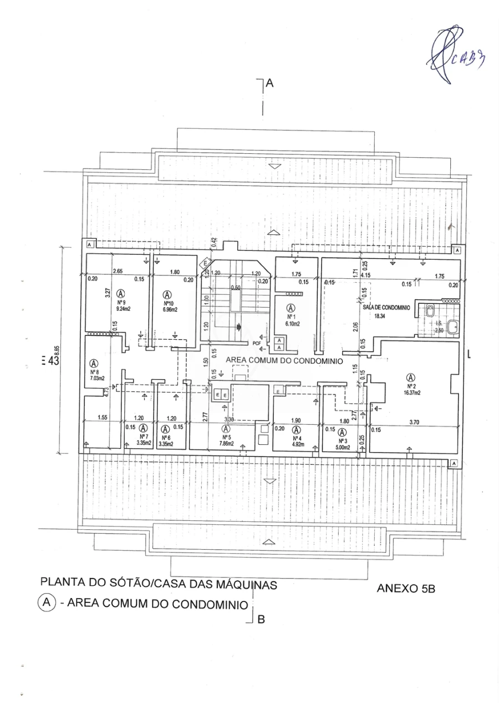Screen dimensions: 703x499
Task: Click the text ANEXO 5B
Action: pyautogui.click(x=406, y=589)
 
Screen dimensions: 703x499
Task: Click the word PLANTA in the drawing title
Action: pyautogui.click(x=62, y=584)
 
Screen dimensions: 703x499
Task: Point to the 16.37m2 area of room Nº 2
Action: pyautogui.click(x=411, y=392)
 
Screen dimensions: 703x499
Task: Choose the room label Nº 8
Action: pyautogui.click(x=94, y=373)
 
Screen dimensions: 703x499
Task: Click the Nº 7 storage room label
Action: pyautogui.click(x=143, y=436)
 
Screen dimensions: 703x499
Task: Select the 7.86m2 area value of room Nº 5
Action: pyautogui.click(x=226, y=444)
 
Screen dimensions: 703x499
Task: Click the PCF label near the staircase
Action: pyautogui.click(x=257, y=343)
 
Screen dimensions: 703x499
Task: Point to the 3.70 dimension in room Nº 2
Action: pyautogui.click(x=414, y=422)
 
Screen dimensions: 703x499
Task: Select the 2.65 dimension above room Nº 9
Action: pyautogui.click(x=117, y=272)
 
